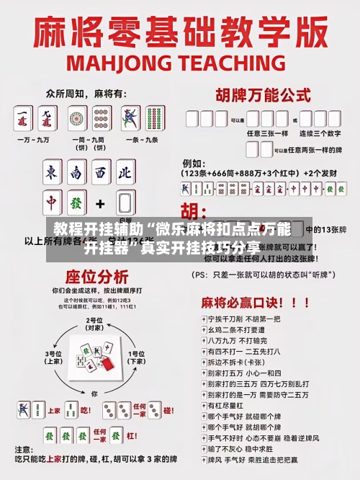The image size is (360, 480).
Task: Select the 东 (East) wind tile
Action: (x=52, y=173)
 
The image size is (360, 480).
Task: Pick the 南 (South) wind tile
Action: (x=76, y=173)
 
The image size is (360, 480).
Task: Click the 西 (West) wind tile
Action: (x=100, y=173)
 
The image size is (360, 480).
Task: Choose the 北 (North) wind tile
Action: (x=124, y=173)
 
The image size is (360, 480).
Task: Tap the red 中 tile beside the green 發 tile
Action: (x=52, y=203)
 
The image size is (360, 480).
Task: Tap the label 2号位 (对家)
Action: (x=94, y=324)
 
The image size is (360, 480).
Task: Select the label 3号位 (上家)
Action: (x=54, y=357)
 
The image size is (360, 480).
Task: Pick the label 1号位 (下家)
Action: (x=135, y=357)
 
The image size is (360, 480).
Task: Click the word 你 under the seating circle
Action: (x=94, y=394)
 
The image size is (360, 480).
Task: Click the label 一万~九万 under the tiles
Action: (x=35, y=138)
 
